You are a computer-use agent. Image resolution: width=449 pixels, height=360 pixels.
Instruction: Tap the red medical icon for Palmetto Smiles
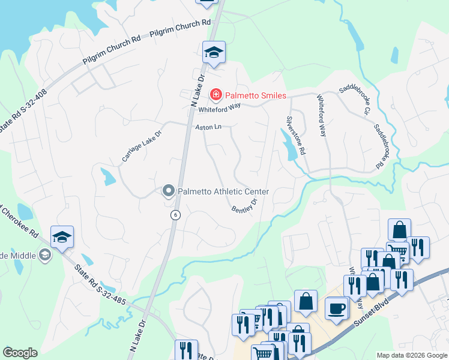click(x=215, y=95)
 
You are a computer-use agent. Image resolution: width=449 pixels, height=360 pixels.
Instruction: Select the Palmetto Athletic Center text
click(x=223, y=191)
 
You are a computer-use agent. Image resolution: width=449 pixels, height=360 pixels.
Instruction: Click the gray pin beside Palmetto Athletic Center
click(x=169, y=191)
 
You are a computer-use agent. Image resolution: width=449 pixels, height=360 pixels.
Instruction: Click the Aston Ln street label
click(x=208, y=127)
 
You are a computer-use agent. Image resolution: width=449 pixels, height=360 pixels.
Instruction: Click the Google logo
click(x=20, y=353)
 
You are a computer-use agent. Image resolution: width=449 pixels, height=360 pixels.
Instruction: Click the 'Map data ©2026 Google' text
click(x=411, y=355)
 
